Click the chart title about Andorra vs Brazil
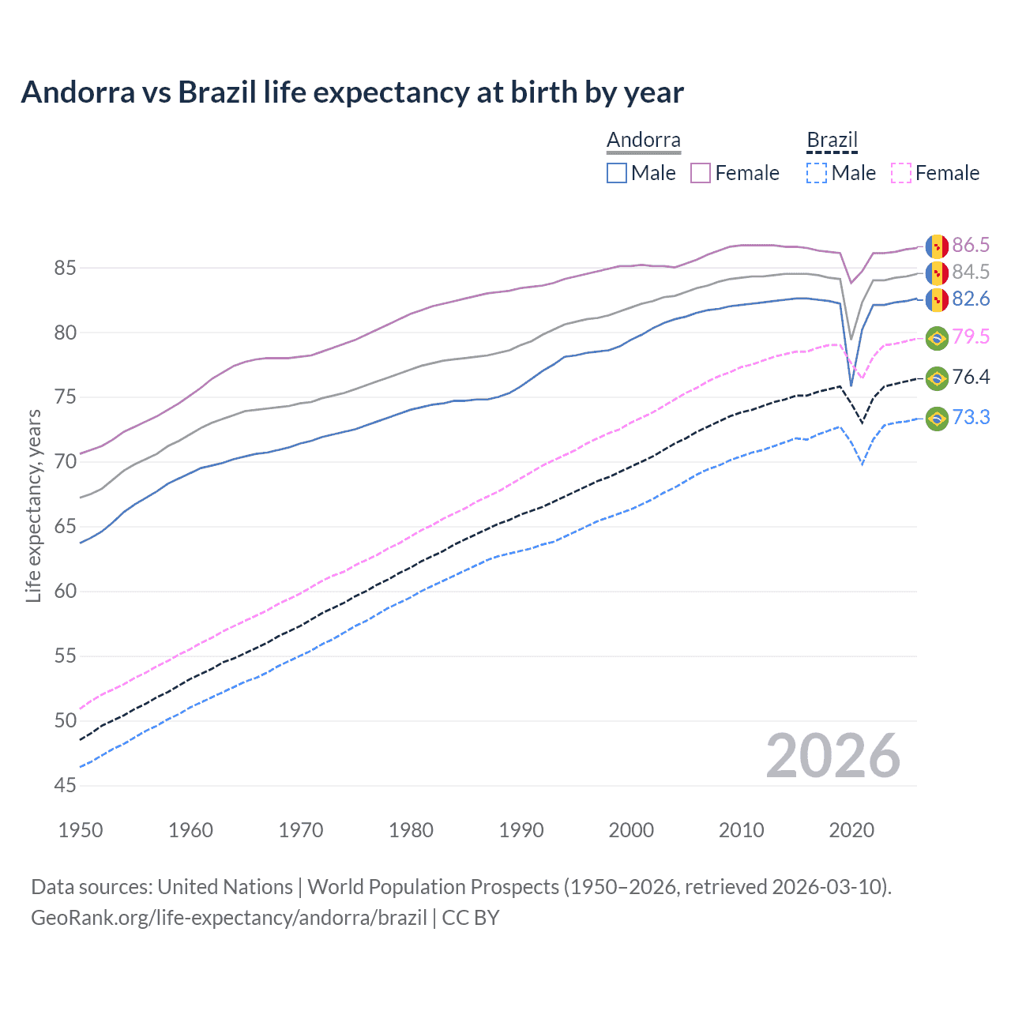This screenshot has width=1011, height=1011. point(352,92)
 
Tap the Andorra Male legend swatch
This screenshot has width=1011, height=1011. point(617,173)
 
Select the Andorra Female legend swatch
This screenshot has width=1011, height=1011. point(701,173)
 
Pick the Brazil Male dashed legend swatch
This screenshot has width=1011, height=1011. point(817,173)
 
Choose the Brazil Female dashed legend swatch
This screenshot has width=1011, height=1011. point(900,173)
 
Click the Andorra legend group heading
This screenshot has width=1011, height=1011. point(643,141)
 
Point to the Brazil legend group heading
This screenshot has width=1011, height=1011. point(832,141)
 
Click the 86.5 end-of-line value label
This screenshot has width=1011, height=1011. point(971,246)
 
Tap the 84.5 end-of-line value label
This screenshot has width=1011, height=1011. point(971,272)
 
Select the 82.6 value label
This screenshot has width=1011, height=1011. point(971,299)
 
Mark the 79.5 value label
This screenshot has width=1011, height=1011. point(971,337)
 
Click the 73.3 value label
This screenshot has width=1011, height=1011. point(971,418)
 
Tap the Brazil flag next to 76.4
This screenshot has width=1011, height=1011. point(937,378)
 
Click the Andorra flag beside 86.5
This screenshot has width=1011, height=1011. point(937,246)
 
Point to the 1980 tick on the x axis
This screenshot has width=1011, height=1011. point(411,830)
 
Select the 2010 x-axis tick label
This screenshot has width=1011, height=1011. point(741,830)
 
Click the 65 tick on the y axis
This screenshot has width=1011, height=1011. point(66,527)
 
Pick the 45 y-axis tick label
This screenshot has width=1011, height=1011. point(66,785)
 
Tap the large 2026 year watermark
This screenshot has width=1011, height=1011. point(832,756)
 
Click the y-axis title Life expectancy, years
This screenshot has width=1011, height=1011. point(33,505)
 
